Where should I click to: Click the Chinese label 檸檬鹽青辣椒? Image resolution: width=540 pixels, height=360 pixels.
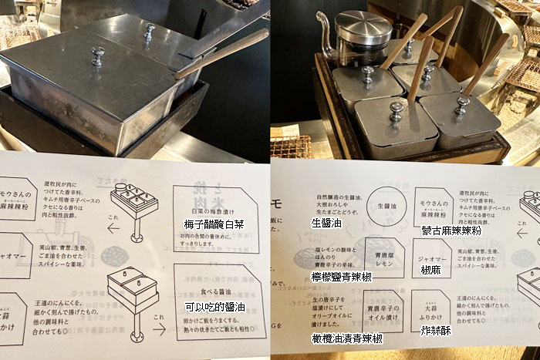coord(342,276)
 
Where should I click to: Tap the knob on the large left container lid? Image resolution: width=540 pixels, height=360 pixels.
coord(98,56)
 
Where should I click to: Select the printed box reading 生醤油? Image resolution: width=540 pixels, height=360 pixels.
coord(383,206)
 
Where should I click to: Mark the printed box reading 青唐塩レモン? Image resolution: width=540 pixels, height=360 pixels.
coord(383,256)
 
